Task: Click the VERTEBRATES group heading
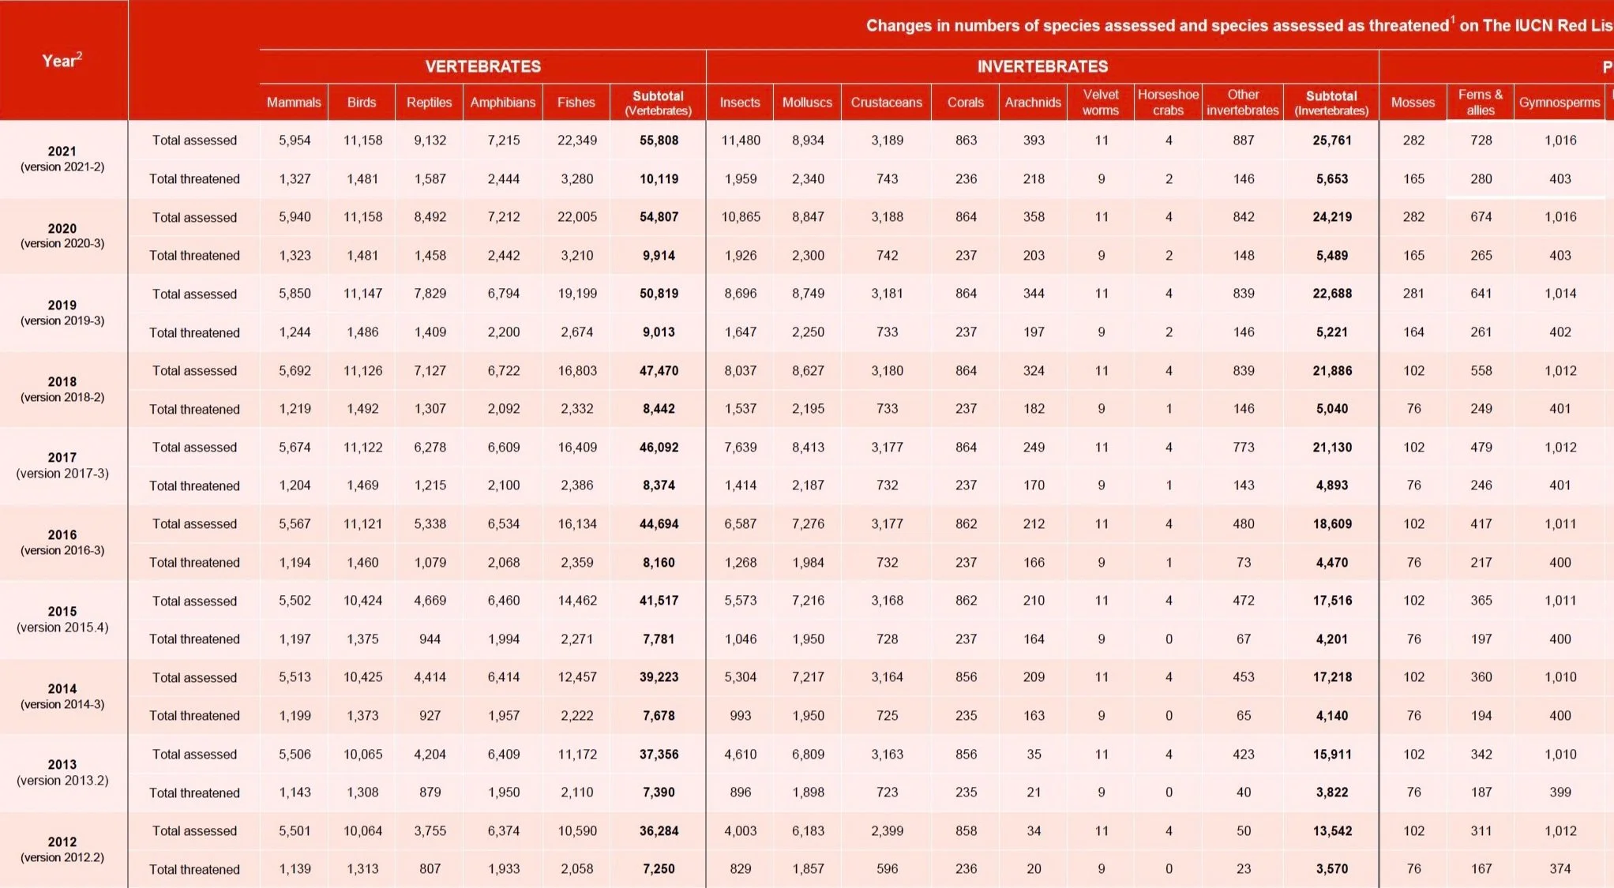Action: click(x=482, y=66)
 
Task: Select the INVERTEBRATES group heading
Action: click(x=1042, y=66)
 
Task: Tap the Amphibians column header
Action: click(x=503, y=103)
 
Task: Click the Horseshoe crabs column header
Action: click(x=1168, y=103)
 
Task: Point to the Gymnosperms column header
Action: click(x=1559, y=103)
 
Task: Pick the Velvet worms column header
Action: click(x=1101, y=103)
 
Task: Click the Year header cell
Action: click(x=62, y=61)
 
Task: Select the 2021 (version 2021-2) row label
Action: click(x=62, y=159)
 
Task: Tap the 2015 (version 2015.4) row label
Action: click(x=62, y=619)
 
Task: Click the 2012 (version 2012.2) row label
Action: click(x=62, y=849)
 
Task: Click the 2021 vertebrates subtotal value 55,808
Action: click(x=659, y=141)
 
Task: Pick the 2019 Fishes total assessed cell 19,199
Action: click(x=577, y=294)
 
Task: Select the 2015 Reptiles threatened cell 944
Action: click(x=430, y=639)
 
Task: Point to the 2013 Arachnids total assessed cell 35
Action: click(x=1034, y=754)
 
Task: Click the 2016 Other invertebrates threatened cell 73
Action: click(x=1244, y=562)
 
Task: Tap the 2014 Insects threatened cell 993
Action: click(x=741, y=715)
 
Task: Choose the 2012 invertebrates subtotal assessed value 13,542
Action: click(x=1332, y=830)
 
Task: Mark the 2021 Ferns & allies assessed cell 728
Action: click(x=1481, y=141)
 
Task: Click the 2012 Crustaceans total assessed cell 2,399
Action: click(x=887, y=830)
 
